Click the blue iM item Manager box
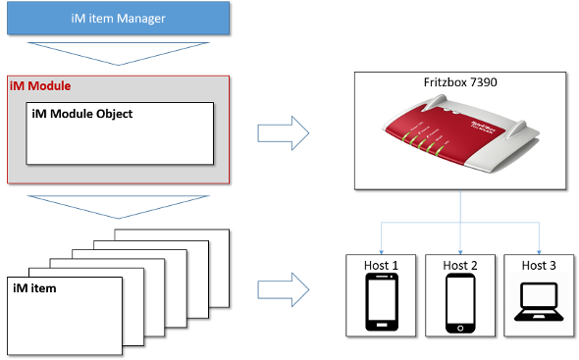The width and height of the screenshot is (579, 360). click(118, 18)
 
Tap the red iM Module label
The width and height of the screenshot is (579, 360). click(40, 86)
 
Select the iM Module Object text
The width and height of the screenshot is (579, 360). click(82, 114)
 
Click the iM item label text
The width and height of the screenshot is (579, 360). click(34, 288)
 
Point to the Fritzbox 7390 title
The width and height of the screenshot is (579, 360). click(460, 82)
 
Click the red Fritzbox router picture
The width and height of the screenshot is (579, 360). click(460, 133)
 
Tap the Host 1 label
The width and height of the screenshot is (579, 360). click(381, 265)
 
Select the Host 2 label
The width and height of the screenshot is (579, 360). click(460, 265)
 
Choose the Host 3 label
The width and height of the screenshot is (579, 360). click(539, 265)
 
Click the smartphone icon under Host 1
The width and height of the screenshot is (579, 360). click(382, 302)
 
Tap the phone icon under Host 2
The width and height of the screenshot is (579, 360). click(460, 303)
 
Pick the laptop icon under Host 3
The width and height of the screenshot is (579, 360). click(539, 302)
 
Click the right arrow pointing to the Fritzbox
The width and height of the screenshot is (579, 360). click(284, 133)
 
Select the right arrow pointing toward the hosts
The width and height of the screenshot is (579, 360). click(284, 289)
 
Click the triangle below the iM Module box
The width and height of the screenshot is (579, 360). click(118, 207)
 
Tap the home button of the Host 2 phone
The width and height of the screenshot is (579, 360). click(460, 329)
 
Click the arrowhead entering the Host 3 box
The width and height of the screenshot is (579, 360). click(539, 252)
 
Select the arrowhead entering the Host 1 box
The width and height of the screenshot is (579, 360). click(381, 252)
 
